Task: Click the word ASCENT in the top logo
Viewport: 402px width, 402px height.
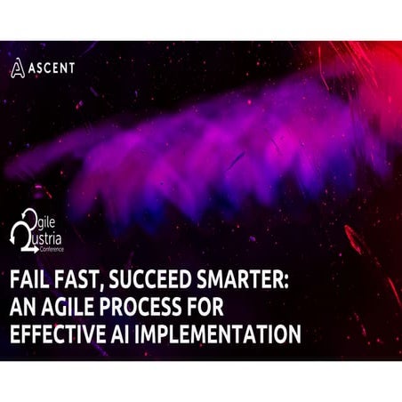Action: (x=51, y=67)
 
